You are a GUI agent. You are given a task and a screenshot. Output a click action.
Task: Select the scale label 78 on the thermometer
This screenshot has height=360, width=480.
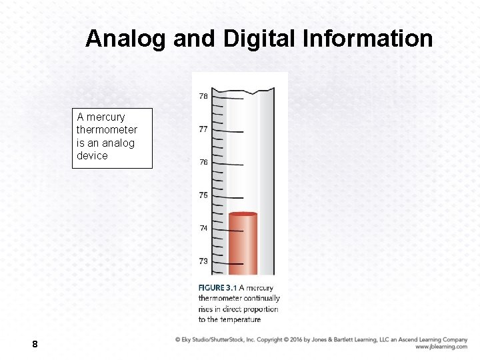203,96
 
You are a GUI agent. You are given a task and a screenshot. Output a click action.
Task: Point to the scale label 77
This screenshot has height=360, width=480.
203,129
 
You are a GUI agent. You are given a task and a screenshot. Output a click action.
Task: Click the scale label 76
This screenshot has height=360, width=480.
203,162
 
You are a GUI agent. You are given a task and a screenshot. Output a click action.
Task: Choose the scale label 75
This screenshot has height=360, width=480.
203,195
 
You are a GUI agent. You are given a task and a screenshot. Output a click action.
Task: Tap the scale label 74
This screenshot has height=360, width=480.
203,228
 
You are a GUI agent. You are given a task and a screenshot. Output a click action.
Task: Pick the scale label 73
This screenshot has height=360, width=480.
203,261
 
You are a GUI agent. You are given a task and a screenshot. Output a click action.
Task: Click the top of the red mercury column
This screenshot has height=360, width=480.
243,214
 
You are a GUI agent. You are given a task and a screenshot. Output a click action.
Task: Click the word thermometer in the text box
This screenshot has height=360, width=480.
107,130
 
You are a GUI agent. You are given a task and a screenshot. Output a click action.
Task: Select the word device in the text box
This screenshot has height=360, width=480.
92,156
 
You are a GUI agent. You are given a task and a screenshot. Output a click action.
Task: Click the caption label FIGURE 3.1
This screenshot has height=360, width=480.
217,288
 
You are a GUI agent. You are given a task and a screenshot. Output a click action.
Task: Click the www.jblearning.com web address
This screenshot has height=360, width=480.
441,347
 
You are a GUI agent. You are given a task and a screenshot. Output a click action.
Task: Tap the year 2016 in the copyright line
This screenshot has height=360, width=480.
295,339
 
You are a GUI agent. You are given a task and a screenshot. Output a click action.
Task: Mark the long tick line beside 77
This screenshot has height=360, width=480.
233,131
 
